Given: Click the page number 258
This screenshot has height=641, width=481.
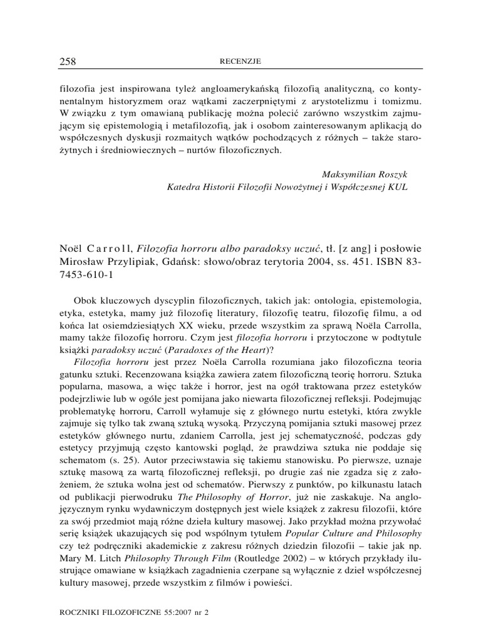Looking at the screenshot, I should point(67,61).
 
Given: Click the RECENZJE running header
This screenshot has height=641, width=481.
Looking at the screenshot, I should point(241,61).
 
